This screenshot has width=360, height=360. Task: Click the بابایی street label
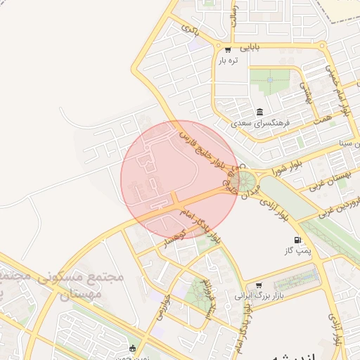click(x=251, y=49)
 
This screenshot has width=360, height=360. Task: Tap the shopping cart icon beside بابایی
click(x=228, y=49)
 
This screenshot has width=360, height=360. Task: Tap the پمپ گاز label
click(x=297, y=251)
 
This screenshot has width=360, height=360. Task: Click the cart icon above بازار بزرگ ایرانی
click(x=259, y=285)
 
